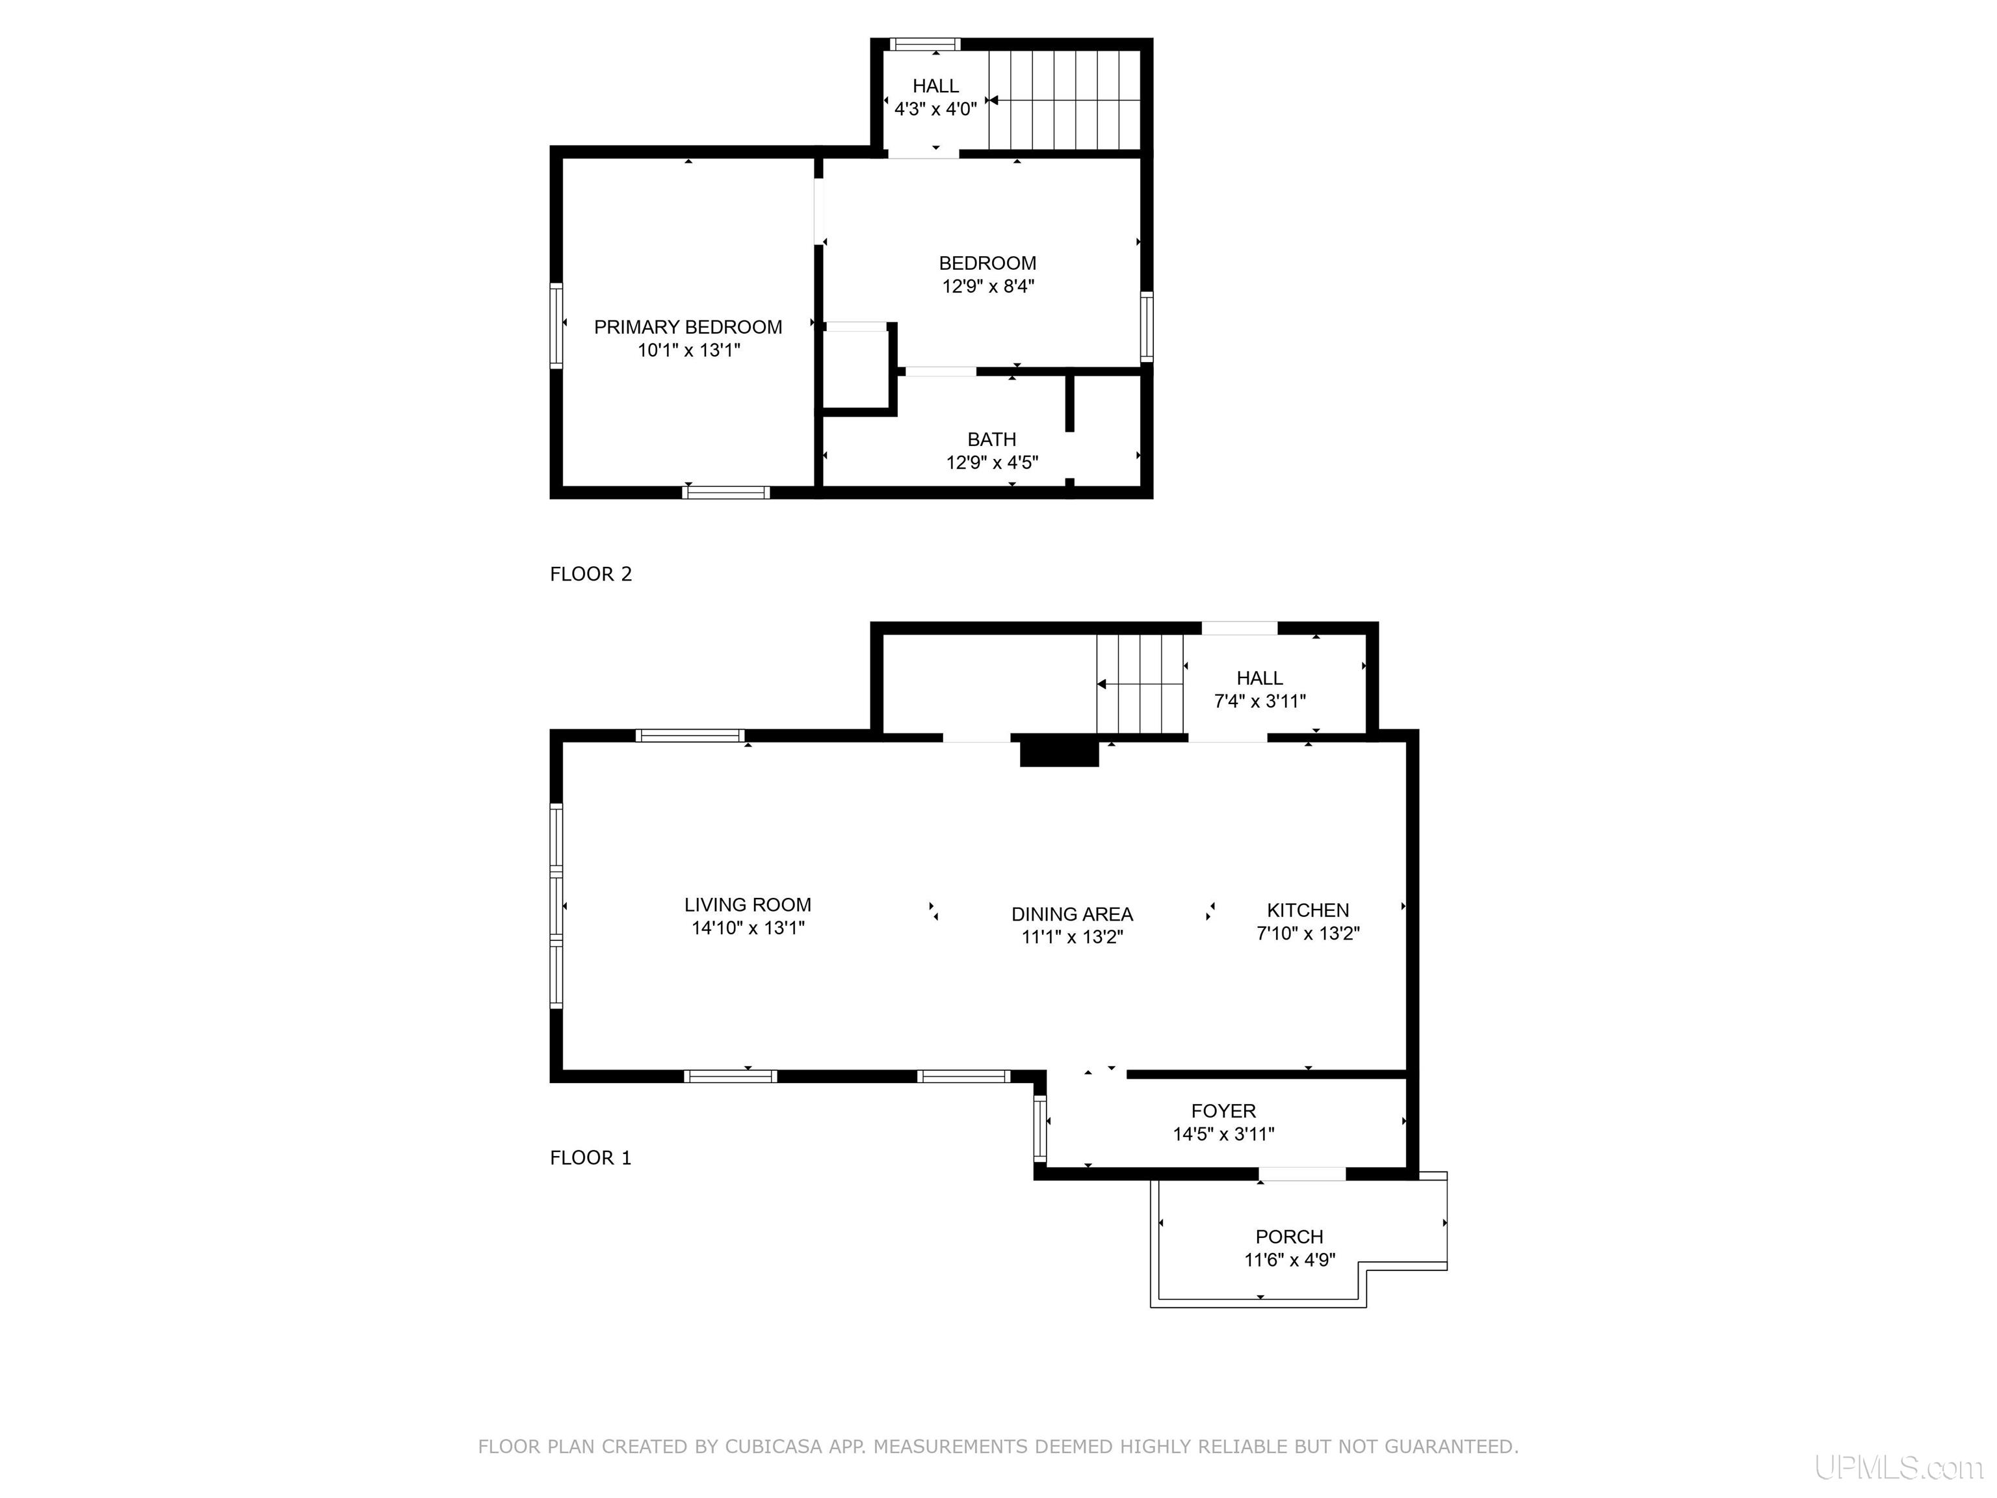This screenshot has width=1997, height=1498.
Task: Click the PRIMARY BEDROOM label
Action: (x=688, y=327)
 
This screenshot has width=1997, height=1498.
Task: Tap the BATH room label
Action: (x=991, y=440)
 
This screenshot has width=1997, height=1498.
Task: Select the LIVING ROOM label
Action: (x=748, y=905)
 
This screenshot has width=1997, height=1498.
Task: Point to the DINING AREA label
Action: (x=1071, y=915)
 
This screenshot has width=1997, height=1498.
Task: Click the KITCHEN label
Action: (x=1307, y=910)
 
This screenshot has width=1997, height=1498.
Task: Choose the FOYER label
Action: (x=1223, y=1110)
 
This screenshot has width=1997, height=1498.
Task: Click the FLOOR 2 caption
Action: (x=590, y=573)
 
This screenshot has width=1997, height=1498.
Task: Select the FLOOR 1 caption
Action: (x=590, y=1157)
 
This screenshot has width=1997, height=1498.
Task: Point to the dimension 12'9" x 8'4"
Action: (x=987, y=286)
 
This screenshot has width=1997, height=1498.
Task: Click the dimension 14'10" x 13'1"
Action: (x=748, y=927)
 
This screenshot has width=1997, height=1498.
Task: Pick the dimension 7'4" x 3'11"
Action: (x=1259, y=701)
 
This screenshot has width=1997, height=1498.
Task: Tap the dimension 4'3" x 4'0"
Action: (x=935, y=109)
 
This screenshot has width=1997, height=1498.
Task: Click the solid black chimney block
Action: (x=1059, y=753)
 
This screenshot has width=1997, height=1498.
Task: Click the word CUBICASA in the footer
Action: (x=774, y=1447)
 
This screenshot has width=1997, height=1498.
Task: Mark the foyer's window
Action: (x=1040, y=1128)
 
